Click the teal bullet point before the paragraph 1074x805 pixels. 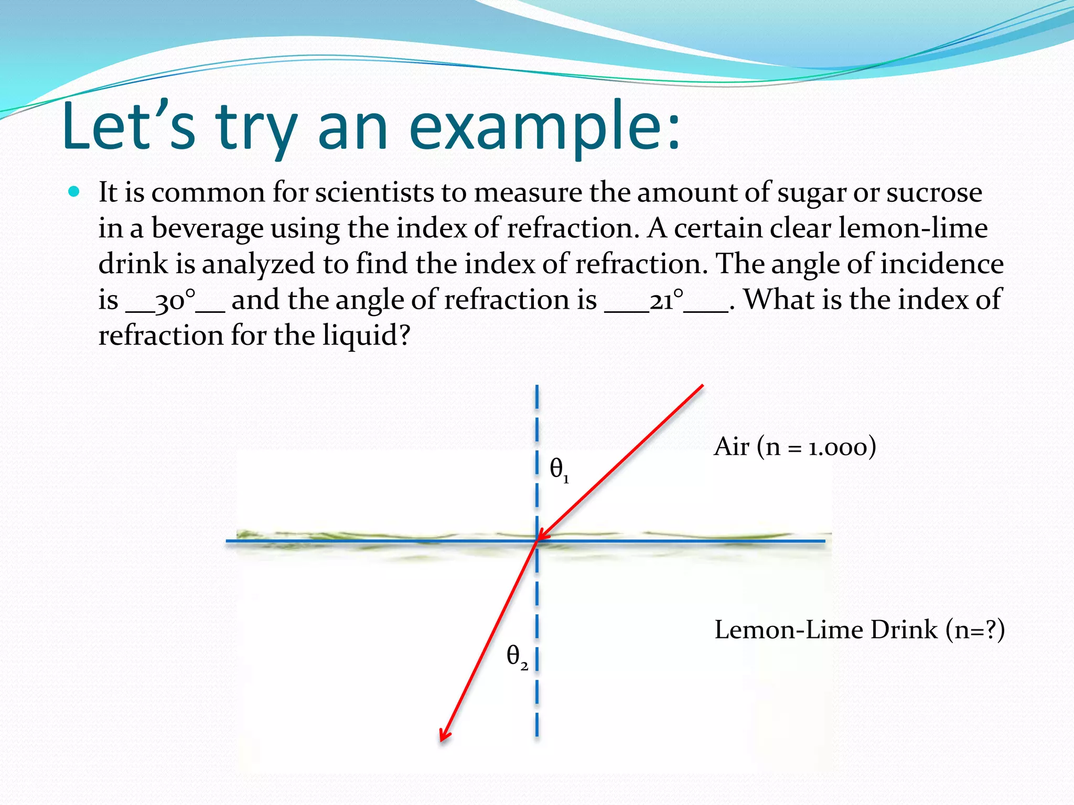point(74,192)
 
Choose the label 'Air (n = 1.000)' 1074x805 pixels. point(794,447)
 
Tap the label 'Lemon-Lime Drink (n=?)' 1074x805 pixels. point(859,630)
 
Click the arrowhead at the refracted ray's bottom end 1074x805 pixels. point(443,737)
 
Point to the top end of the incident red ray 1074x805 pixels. point(702,386)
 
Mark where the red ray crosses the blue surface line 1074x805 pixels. point(537,540)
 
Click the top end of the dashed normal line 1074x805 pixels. point(537,387)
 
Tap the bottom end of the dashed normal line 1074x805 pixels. point(537,735)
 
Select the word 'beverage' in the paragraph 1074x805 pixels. point(207,229)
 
